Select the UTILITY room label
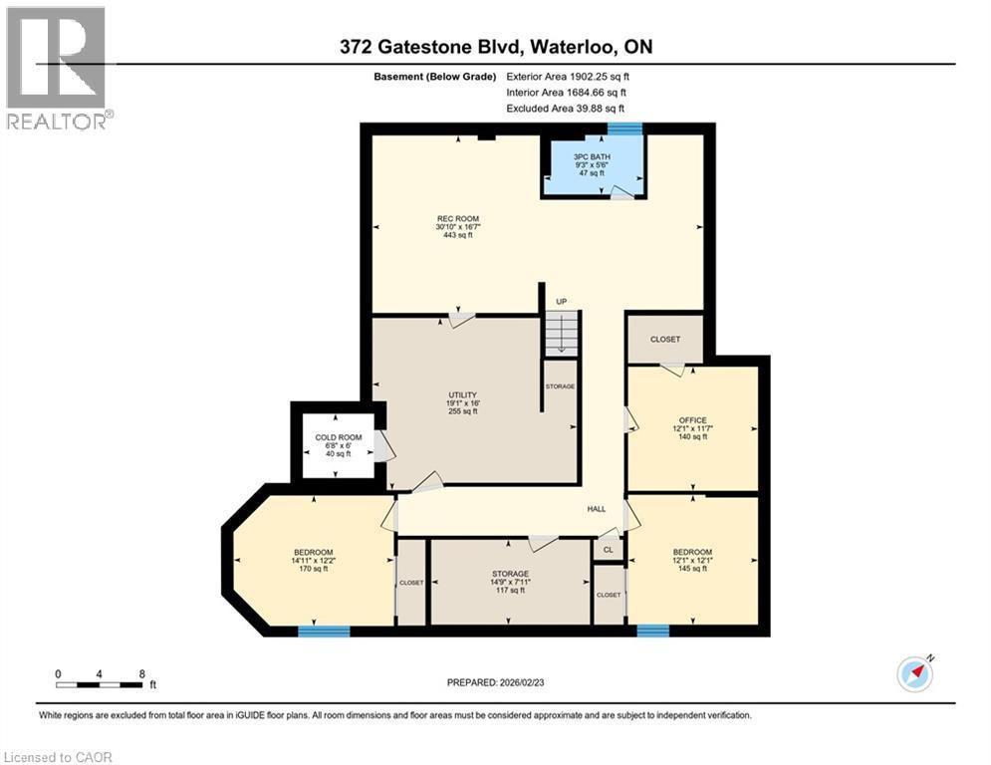(x=462, y=402)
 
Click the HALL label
(x=596, y=509)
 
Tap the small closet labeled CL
(x=608, y=549)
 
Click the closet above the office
(x=664, y=339)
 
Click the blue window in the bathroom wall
(x=624, y=128)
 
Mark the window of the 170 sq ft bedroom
(x=324, y=631)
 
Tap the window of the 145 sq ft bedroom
(x=652, y=631)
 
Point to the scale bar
(x=100, y=683)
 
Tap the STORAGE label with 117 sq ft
(x=509, y=582)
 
